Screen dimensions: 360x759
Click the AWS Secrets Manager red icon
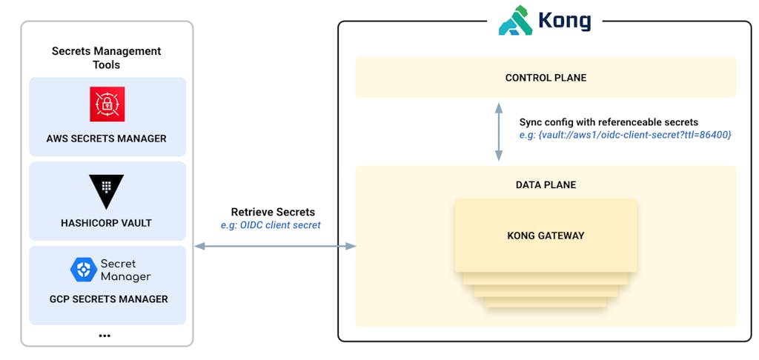[107, 104]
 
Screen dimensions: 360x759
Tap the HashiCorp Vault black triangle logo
[106, 190]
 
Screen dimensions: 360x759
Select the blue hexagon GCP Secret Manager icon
[83, 270]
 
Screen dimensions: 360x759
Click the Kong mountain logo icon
[516, 21]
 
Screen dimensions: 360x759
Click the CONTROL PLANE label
[545, 78]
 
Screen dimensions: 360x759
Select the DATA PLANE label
[546, 184]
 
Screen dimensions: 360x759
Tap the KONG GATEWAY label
[546, 236]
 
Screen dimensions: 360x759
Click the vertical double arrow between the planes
[499, 131]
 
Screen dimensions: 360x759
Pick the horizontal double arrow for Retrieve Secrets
[274, 245]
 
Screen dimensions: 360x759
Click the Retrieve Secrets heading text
[273, 212]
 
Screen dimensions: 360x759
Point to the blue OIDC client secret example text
[271, 225]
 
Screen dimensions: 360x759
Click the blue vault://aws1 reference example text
[626, 135]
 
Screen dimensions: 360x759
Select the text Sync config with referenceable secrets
[609, 121]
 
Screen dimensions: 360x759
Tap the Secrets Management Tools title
[107, 58]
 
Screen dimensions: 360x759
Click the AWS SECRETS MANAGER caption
[107, 139]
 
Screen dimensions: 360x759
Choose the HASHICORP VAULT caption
[107, 222]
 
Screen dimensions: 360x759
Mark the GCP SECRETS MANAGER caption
[107, 299]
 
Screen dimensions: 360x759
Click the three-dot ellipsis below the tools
[105, 336]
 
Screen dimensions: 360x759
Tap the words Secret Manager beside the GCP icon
[125, 270]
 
